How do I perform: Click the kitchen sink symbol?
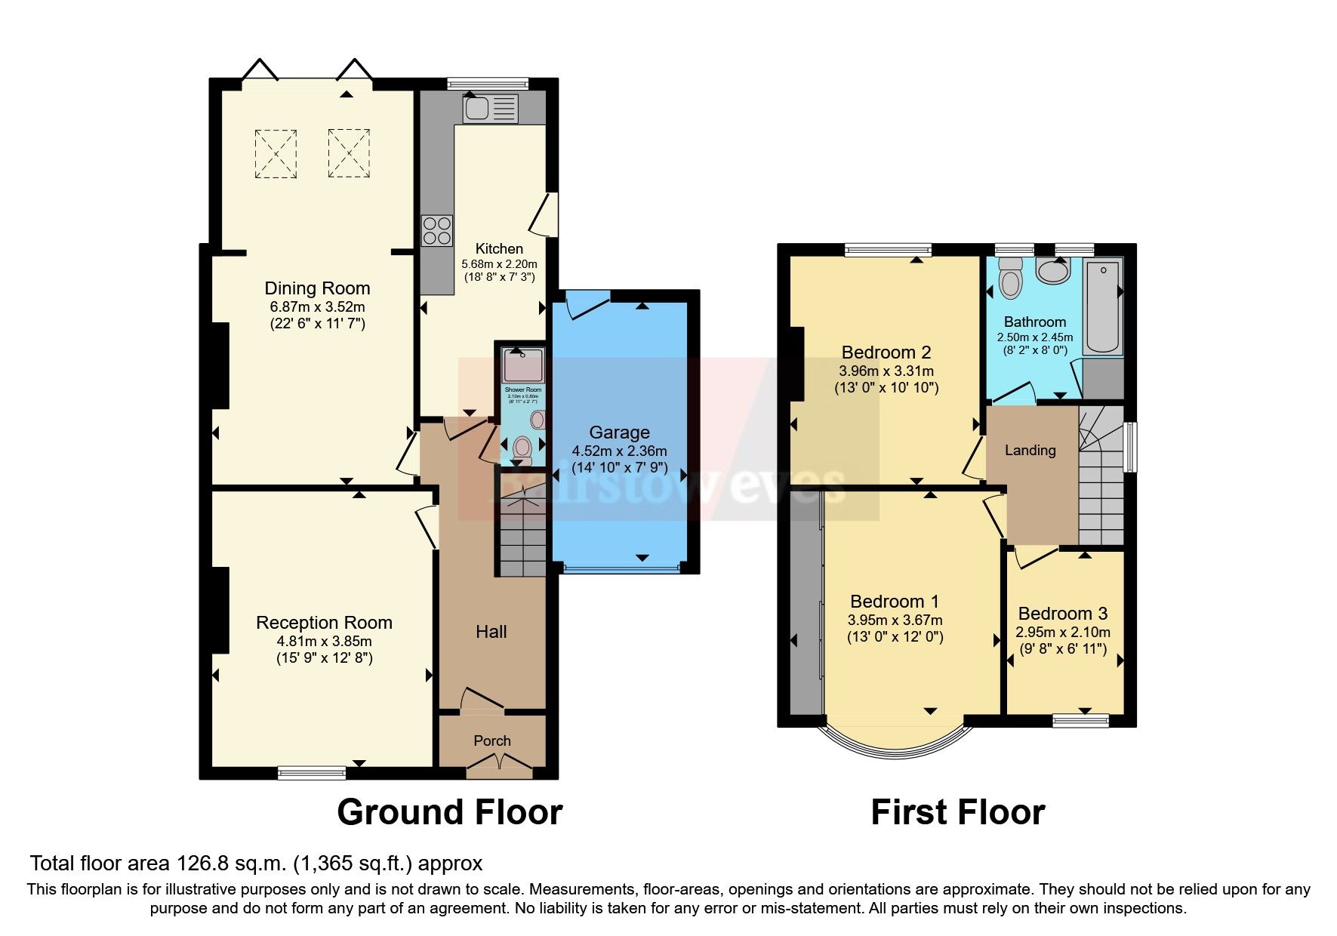(489, 108)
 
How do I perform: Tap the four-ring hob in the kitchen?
(437, 230)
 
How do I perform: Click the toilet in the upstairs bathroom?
(1009, 279)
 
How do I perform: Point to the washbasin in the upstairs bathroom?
(1053, 270)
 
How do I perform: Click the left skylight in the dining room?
(276, 153)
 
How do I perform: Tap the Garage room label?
(619, 433)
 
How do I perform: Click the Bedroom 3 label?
(1062, 614)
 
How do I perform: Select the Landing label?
(1030, 451)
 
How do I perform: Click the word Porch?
(492, 741)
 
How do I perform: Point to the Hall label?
(491, 632)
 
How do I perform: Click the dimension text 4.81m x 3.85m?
(324, 641)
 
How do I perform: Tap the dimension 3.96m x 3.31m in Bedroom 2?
(886, 371)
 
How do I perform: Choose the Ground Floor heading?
(449, 812)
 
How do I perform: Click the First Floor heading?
(957, 812)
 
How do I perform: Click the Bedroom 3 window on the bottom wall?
(1080, 722)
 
